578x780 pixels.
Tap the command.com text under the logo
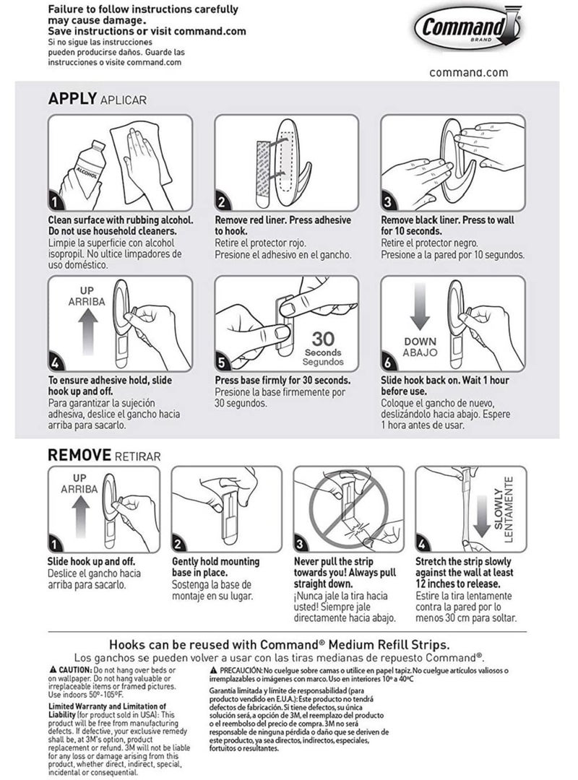468,72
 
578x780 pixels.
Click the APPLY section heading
72,99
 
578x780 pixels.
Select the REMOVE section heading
79,455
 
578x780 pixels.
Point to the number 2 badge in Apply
223,201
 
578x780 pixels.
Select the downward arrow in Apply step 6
419,309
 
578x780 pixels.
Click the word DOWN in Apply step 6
420,342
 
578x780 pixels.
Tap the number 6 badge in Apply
389,363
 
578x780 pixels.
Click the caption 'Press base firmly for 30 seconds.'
282,380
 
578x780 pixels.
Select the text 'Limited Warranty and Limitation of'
106,706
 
